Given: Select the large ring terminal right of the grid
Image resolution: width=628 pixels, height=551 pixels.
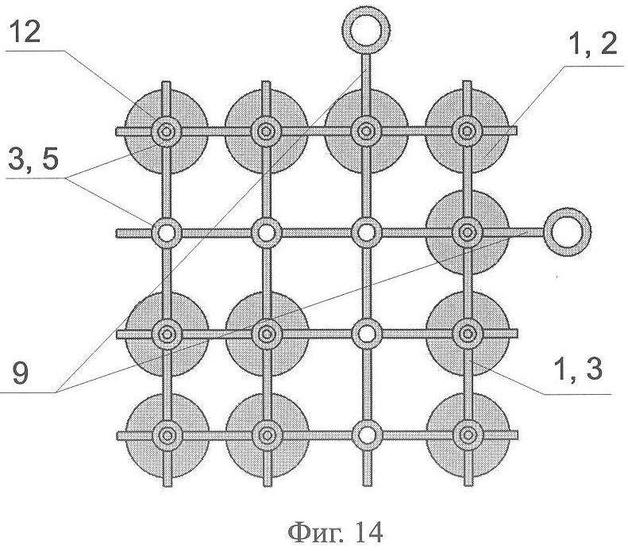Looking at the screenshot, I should pos(564,231).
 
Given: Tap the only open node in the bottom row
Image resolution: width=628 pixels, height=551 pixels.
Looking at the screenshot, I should pos(366,434).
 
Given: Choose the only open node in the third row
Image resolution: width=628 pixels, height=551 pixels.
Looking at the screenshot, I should pos(366,333).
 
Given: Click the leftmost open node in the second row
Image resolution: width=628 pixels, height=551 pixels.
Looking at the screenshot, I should pos(167,232).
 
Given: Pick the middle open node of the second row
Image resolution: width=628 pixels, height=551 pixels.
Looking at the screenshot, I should pos(266,232).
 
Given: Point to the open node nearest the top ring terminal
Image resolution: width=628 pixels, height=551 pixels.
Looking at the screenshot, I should pos(366,232).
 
